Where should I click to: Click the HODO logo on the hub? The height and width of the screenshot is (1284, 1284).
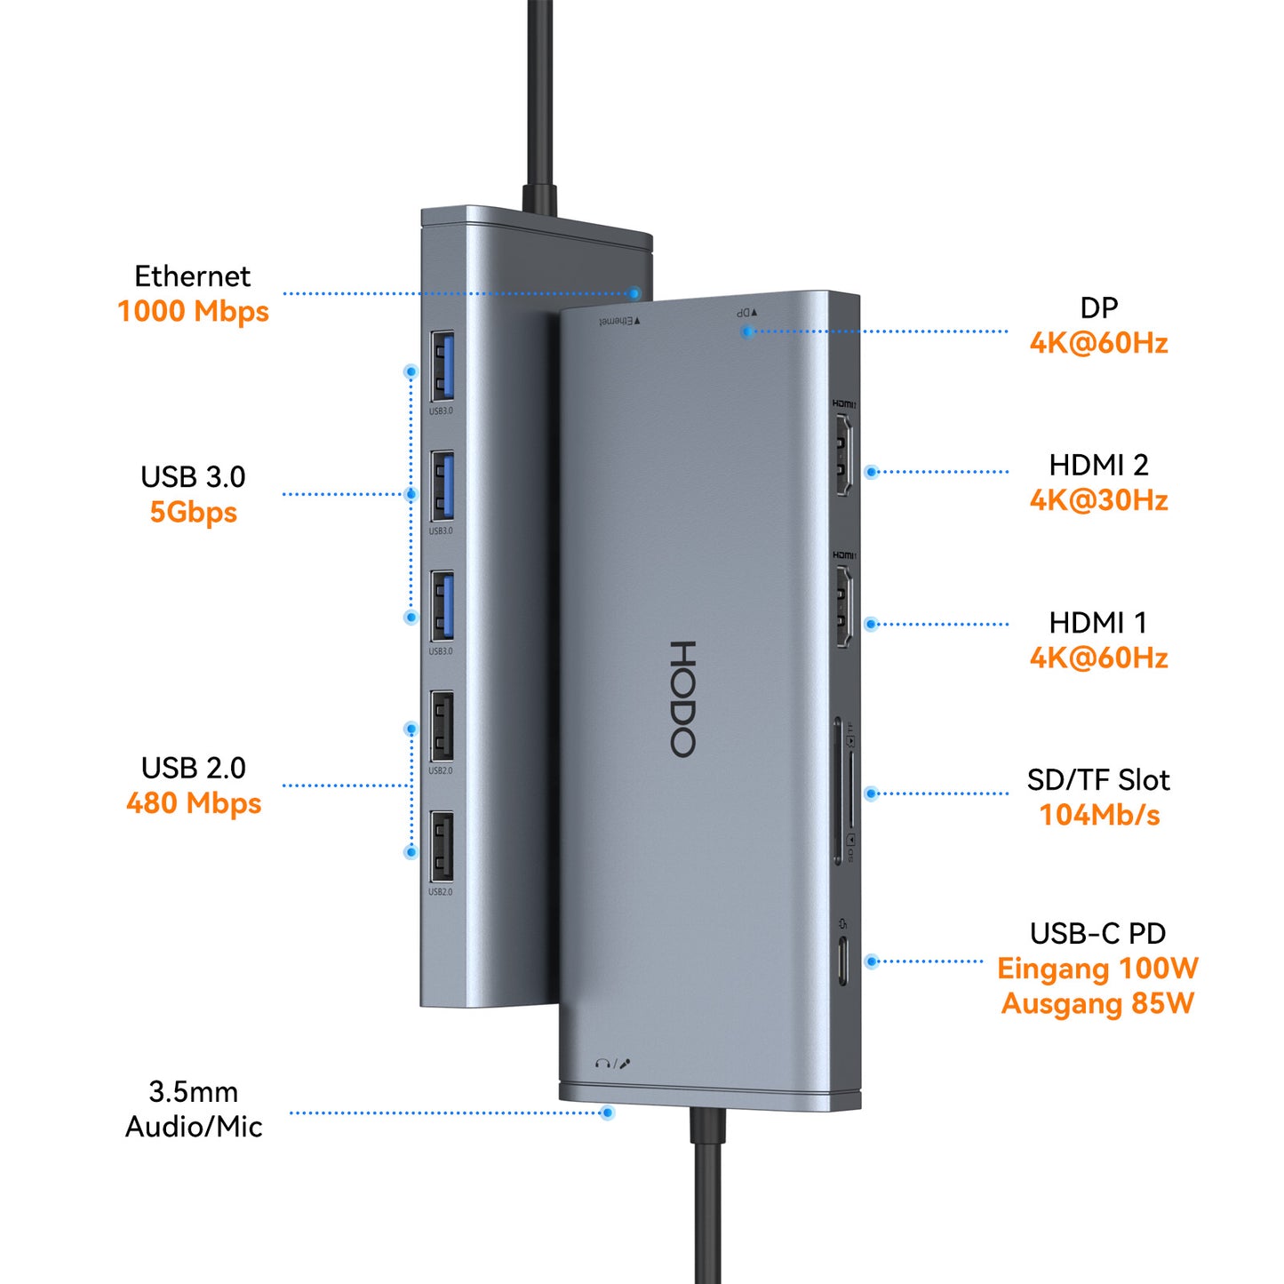682,698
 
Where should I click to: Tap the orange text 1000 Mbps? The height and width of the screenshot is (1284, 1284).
193,312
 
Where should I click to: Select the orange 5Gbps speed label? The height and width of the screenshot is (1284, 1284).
193,513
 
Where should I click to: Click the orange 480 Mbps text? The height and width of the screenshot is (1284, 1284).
193,803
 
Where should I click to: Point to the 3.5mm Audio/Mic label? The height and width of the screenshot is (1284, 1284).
193,1109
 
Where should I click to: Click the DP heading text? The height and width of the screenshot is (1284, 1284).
1098,308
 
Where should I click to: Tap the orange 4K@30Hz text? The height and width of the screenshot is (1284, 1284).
1098,500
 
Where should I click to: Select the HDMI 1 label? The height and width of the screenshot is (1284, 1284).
1098,623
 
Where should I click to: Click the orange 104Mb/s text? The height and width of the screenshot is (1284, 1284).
1099,815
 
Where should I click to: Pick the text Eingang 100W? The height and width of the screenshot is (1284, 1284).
1097,969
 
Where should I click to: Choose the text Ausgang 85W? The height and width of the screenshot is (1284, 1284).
1097,1004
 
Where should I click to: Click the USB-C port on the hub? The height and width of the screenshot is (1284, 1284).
842,961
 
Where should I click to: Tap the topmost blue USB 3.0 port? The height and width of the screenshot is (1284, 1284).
443,365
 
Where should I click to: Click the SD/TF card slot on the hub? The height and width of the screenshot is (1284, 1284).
839,791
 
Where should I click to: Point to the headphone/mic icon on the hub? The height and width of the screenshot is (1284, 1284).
613,1063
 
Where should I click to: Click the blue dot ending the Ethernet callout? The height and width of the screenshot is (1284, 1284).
634,293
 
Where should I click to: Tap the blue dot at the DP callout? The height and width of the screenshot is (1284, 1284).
748,331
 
